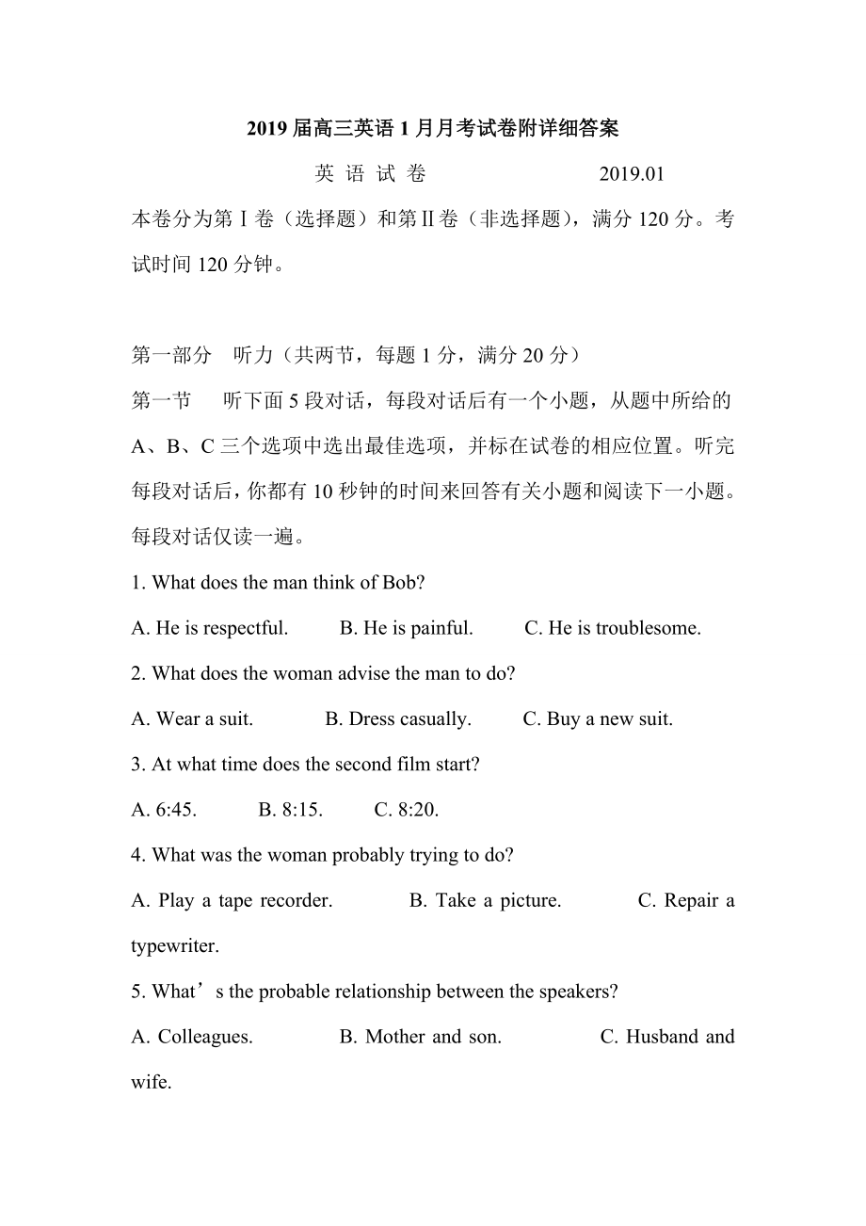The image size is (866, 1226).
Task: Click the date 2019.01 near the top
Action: pyautogui.click(x=631, y=173)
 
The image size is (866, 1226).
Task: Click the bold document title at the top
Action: pyautogui.click(x=432, y=128)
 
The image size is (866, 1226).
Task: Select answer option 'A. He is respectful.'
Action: pyautogui.click(x=210, y=628)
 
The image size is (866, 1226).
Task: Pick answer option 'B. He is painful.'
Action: pyautogui.click(x=406, y=628)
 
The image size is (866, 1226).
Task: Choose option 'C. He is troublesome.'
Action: pyautogui.click(x=612, y=628)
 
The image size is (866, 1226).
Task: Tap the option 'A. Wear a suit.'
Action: pyautogui.click(x=192, y=719)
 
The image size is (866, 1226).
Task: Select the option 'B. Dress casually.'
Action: pyautogui.click(x=398, y=719)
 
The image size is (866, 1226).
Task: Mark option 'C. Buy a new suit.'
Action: pyautogui.click(x=598, y=719)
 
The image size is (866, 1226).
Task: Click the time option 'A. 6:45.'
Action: pyautogui.click(x=164, y=810)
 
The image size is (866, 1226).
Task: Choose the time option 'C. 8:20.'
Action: pyautogui.click(x=407, y=810)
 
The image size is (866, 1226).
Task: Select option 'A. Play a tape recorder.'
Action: pyautogui.click(x=232, y=901)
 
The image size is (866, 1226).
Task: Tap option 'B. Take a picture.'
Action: pyautogui.click(x=485, y=901)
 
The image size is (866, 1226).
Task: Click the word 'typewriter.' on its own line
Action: pyautogui.click(x=175, y=945)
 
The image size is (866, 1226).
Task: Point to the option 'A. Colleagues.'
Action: pyautogui.click(x=192, y=1037)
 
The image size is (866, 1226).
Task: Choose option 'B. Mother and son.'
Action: pyautogui.click(x=420, y=1037)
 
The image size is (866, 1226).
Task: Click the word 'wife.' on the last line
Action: pyautogui.click(x=151, y=1082)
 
